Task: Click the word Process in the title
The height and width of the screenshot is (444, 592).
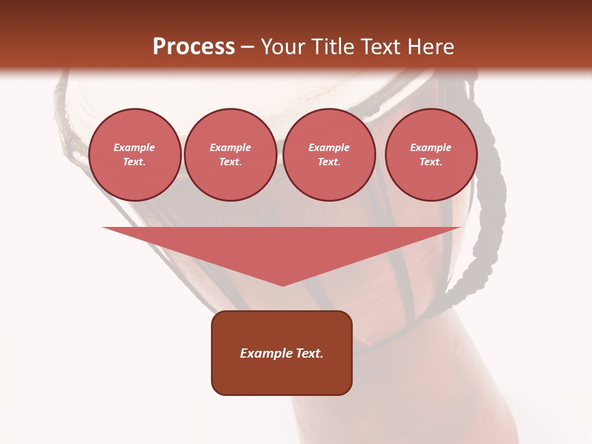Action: pos(194,47)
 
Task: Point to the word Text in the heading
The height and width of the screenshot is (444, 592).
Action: pos(379,47)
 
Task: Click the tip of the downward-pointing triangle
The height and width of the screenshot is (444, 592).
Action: pos(282,283)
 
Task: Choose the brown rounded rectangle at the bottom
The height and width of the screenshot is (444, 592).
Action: pos(282,376)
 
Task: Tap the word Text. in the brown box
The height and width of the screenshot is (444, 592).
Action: pos(310,353)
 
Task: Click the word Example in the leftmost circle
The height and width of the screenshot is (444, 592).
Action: pos(134,148)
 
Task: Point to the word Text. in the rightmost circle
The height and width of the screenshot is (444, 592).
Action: pos(430,162)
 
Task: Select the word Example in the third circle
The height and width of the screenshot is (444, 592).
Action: pos(329,148)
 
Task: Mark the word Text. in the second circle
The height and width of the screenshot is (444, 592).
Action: pos(230,162)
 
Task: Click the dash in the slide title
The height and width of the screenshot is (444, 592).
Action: pos(248,47)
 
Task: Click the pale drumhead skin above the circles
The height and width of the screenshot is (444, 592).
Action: pos(247,92)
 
